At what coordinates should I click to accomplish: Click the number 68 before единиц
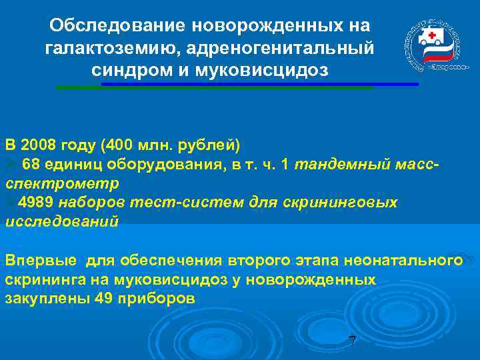click(x=31, y=164)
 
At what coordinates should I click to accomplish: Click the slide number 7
click(x=352, y=341)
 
